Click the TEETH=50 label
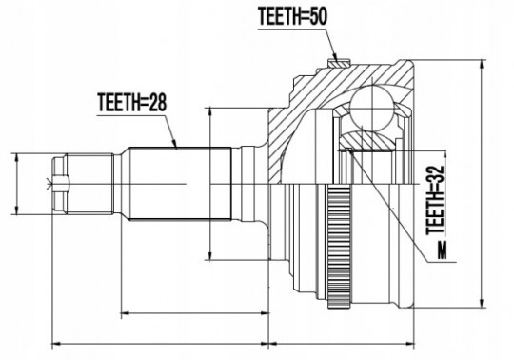[x=292, y=16]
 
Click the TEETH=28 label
[x=131, y=102]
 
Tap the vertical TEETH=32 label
[x=435, y=200]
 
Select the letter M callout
[x=443, y=250]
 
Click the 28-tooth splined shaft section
[x=180, y=183]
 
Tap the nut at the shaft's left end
[x=61, y=184]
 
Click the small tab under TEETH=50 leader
[x=339, y=63]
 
